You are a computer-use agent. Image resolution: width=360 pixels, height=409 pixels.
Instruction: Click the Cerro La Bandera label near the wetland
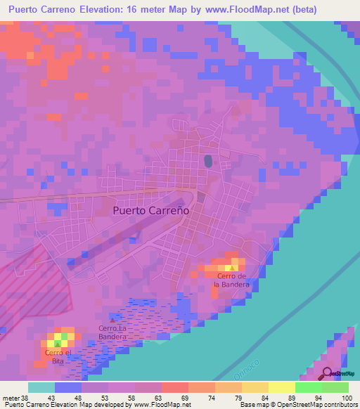(x=112, y=332)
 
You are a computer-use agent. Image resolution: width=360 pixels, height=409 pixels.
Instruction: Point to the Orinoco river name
(x=252, y=370)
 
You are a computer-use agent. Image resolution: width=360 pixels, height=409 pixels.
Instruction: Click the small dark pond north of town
(x=207, y=162)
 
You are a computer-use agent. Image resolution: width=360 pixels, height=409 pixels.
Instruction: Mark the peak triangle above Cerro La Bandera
(x=112, y=321)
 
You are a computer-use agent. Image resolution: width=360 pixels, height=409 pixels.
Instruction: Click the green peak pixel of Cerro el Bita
(x=58, y=344)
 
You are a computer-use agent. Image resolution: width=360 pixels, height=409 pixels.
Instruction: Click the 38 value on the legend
(x=25, y=397)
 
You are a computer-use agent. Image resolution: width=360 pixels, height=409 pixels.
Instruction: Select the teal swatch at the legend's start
(x=41, y=387)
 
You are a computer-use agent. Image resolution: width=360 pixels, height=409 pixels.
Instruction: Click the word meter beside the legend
(x=10, y=397)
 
